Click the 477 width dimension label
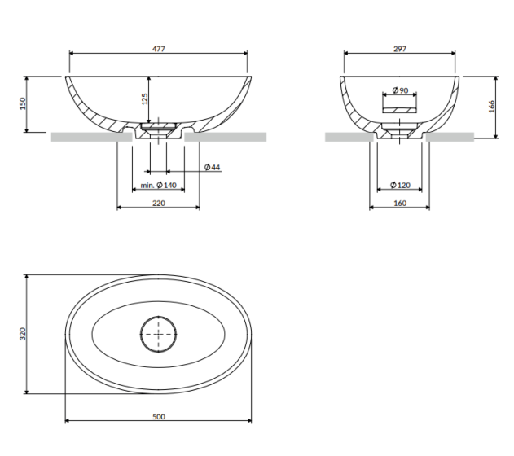[159, 49]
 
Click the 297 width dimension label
[400, 49]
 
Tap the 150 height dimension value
[23, 103]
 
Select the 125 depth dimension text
[144, 99]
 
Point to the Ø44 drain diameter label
[212, 168]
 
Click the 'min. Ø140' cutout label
[158, 186]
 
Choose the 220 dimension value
[159, 204]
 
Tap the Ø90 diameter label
[400, 90]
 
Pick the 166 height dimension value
[492, 107]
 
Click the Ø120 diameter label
[400, 186]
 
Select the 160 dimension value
[400, 204]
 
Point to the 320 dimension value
[23, 334]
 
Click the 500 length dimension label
[159, 417]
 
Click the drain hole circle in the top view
[159, 335]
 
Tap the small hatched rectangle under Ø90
[400, 110]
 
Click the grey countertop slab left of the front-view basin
[91, 137]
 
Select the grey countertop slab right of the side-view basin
[450, 137]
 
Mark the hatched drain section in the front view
[159, 131]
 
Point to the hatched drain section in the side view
[400, 131]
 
